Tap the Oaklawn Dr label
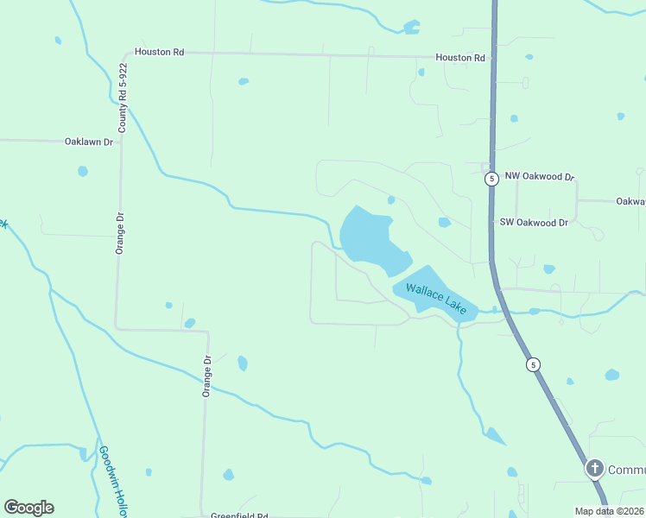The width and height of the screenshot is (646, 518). pos(90,142)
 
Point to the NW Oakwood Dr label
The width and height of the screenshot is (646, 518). pos(540,177)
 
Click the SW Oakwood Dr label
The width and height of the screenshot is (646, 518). pos(534,222)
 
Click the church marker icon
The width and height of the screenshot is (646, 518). pos(594,469)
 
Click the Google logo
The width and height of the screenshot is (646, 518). pos(28,508)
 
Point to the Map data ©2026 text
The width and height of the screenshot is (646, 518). pos(610,511)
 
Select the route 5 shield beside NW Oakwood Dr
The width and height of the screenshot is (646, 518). pos(491,179)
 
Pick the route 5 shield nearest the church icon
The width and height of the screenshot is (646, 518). pos(534,364)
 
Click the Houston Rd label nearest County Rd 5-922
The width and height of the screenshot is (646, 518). pos(159,52)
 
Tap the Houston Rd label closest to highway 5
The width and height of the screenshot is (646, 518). pos(460,58)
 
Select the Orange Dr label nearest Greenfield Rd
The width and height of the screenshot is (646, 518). pos(207,377)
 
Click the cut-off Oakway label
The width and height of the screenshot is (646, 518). pos(630,201)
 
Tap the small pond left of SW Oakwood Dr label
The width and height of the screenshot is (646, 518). pos(444,222)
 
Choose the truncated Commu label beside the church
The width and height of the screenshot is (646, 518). pos(626,470)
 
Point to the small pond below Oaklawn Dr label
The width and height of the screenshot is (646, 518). pos(82,171)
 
